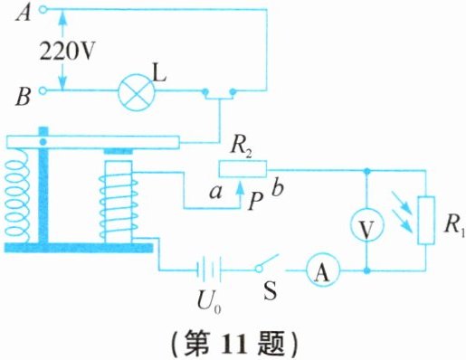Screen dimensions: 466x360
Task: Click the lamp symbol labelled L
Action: click(x=136, y=91)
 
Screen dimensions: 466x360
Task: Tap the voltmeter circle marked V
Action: click(x=366, y=224)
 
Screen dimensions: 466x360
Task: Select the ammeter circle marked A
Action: click(x=323, y=270)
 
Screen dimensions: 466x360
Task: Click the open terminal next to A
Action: click(x=43, y=10)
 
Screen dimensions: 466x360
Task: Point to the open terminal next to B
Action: click(x=43, y=90)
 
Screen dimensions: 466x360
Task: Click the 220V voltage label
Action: click(x=67, y=52)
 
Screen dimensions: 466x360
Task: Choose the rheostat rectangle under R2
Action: click(x=243, y=168)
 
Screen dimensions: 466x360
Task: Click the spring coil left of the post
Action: click(x=16, y=197)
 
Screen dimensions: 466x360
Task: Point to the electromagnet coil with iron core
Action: click(x=119, y=202)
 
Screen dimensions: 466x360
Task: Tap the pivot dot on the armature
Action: click(x=43, y=141)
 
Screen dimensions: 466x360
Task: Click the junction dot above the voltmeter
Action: click(x=366, y=171)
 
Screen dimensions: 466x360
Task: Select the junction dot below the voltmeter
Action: click(x=366, y=270)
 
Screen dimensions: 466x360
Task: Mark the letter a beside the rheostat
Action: click(x=216, y=193)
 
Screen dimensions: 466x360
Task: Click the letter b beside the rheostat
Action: click(x=278, y=188)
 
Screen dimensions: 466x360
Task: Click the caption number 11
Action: click(x=235, y=344)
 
